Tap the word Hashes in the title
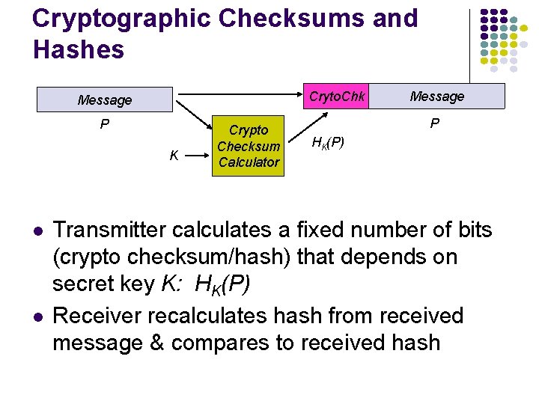[78, 50]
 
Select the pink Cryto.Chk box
[337, 96]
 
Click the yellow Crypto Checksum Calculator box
[249, 146]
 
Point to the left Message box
[105, 100]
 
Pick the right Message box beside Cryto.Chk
[437, 96]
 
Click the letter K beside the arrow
[174, 156]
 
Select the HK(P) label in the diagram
[328, 142]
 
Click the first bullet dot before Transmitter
[36, 230]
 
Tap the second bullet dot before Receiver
[36, 316]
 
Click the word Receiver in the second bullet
[95, 316]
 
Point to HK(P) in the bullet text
[222, 285]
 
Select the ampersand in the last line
[157, 343]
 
